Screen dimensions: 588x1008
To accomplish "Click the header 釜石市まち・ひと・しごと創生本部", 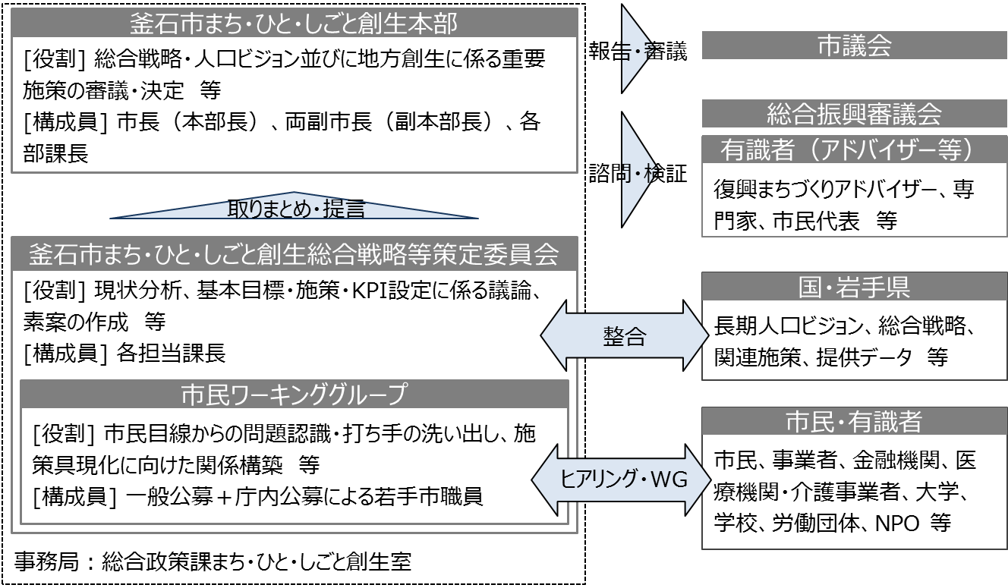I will tap(294, 23).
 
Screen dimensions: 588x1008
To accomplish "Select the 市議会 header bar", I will tap(854, 46).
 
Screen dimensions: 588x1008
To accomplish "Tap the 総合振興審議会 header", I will tap(854, 114).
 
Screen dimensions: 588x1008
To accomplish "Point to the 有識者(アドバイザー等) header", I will tap(854, 149).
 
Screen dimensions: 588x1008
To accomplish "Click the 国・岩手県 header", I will tap(854, 287).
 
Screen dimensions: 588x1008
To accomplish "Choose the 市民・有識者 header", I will tap(854, 422).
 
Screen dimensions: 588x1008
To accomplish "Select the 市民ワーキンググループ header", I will tap(294, 395).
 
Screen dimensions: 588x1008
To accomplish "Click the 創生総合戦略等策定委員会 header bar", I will tap(294, 254).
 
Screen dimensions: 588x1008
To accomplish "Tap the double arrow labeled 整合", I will tap(624, 336).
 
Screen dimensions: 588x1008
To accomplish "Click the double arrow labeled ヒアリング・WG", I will tap(622, 480).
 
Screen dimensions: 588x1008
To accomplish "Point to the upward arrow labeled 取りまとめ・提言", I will tap(295, 207).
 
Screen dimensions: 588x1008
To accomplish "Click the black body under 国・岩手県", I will tap(854, 340).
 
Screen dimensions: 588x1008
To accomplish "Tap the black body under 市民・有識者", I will tap(854, 491).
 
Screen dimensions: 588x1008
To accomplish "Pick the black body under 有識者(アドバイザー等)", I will tap(854, 200).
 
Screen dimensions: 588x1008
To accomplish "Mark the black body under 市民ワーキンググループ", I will tap(294, 465).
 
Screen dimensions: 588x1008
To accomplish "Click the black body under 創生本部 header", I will tap(294, 105).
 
